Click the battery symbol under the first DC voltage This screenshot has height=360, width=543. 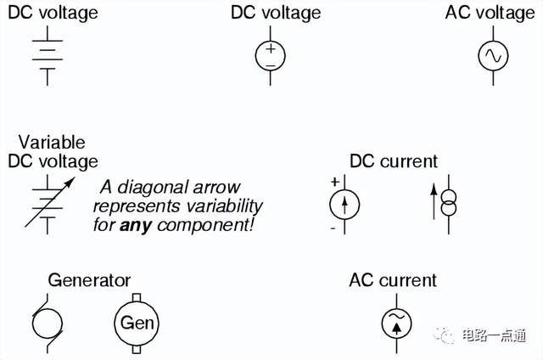point(48,55)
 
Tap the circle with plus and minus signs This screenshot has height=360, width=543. point(271,55)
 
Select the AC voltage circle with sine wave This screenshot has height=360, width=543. point(491,55)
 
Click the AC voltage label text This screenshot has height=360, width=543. point(490,13)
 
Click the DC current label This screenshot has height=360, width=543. point(394,160)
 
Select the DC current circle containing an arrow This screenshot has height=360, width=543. point(344,205)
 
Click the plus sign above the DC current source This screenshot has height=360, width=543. point(334,182)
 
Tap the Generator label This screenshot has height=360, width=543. point(89,279)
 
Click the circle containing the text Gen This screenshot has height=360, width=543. point(136,322)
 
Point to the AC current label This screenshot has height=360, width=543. point(393,279)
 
